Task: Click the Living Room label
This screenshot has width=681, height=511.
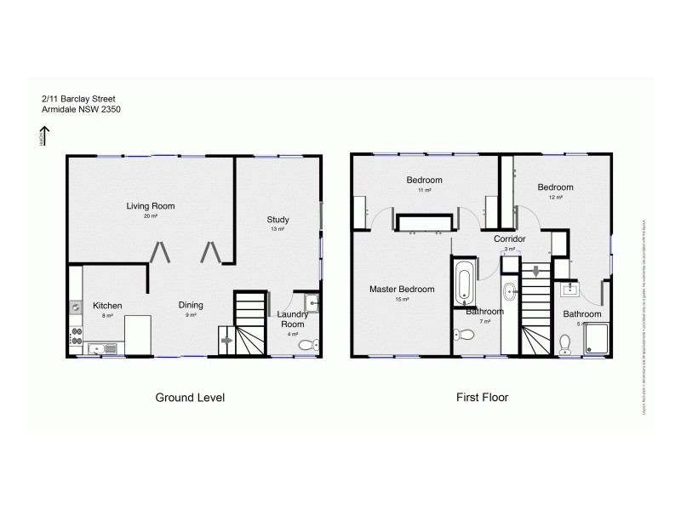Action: [x=150, y=206]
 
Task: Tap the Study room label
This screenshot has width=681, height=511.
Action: [x=278, y=220]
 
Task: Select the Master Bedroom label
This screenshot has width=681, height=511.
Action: [x=402, y=290]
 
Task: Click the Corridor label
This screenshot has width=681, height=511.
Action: [x=509, y=239]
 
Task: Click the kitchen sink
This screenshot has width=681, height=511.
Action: [x=95, y=347]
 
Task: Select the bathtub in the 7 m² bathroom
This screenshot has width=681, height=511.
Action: [x=465, y=284]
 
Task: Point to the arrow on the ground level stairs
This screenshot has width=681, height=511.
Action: [x=226, y=340]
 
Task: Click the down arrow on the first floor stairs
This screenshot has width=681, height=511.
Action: [x=535, y=273]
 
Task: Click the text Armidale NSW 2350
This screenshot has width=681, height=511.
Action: [x=81, y=109]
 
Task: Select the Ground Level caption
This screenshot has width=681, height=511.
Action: [x=189, y=398]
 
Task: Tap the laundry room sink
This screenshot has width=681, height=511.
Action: [x=312, y=301]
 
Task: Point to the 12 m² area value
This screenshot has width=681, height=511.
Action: [x=555, y=198]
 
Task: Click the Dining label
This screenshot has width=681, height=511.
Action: [x=190, y=305]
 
